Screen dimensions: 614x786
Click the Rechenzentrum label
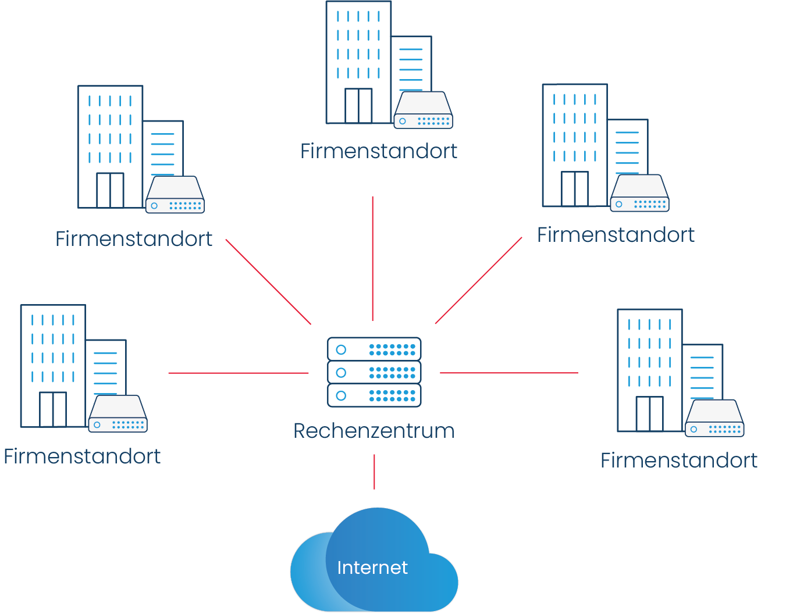click(374, 431)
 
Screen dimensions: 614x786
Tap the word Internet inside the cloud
click(372, 567)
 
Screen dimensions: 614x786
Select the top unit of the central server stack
click(374, 349)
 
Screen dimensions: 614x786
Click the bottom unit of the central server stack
click(374, 395)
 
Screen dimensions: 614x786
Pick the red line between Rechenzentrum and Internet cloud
click(374, 472)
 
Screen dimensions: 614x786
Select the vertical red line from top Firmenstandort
click(372, 258)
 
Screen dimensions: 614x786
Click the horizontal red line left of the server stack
click(239, 373)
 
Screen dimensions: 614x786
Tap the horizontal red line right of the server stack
click(509, 373)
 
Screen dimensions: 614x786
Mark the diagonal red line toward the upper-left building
click(268, 282)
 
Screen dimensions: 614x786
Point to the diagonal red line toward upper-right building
click(478, 281)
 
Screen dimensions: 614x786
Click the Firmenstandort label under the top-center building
click(378, 151)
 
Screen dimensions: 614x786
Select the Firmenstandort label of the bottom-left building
click(82, 456)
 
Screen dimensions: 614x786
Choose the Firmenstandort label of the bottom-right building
click(679, 460)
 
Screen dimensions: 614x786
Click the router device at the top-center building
click(424, 110)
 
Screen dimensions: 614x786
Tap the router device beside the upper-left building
click(175, 196)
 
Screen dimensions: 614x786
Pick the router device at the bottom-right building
click(714, 419)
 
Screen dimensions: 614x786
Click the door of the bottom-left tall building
click(53, 409)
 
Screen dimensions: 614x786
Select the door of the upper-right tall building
click(575, 189)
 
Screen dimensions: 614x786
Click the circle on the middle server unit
click(342, 372)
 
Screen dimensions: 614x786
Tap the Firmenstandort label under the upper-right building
click(616, 235)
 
